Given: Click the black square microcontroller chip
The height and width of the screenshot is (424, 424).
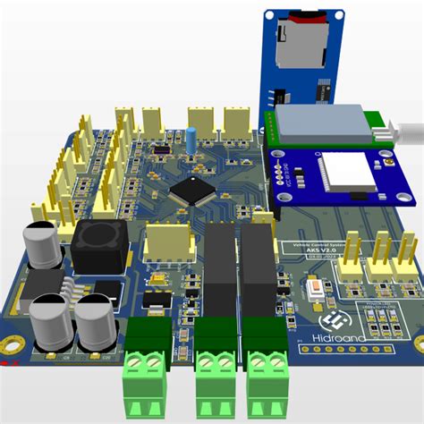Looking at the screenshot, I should point(191,190).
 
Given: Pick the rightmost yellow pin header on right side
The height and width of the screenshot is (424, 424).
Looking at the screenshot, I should point(408,250).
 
